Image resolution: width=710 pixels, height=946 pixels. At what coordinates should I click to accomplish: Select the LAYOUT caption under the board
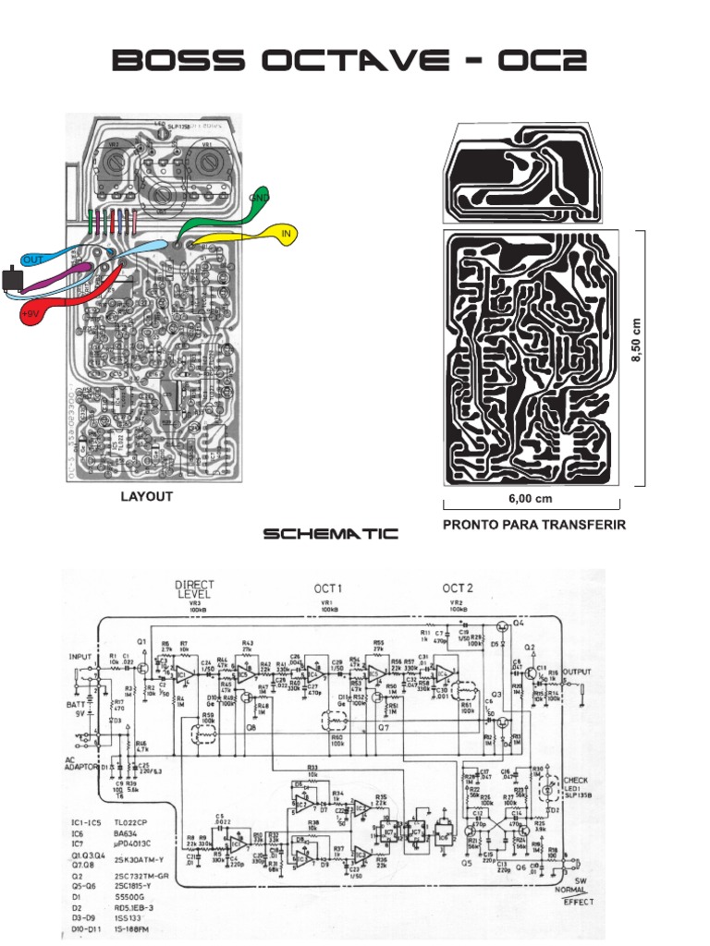pyautogui.click(x=147, y=497)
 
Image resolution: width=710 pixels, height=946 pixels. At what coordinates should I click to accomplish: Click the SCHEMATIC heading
pyautogui.click(x=330, y=534)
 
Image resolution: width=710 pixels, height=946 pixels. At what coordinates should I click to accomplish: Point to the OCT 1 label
pyautogui.click(x=328, y=588)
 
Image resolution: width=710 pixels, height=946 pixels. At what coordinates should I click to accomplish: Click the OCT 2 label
pyautogui.click(x=459, y=588)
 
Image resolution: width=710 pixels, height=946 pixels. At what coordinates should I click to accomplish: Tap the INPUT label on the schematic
pyautogui.click(x=81, y=657)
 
